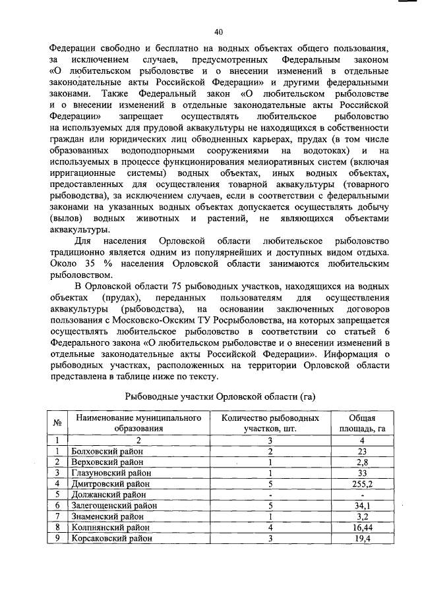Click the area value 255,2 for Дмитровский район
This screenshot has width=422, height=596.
pyautogui.click(x=362, y=483)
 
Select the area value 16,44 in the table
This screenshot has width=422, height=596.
pyautogui.click(x=362, y=527)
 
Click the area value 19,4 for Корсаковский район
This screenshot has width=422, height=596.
pyautogui.click(x=362, y=537)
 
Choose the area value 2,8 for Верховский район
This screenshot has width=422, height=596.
pyautogui.click(x=362, y=462)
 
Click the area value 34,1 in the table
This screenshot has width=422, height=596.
pyautogui.click(x=362, y=505)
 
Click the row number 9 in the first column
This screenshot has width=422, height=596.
pyautogui.click(x=58, y=537)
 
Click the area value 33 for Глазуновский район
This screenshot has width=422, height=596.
pyautogui.click(x=362, y=473)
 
